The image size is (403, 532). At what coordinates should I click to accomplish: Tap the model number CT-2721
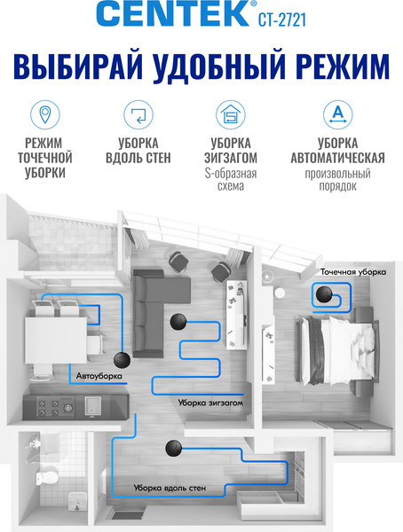[282, 20]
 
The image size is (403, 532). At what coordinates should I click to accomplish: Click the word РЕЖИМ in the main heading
[344, 66]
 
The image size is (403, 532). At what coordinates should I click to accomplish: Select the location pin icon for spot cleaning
[45, 114]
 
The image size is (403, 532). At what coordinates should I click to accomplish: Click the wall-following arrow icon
[138, 114]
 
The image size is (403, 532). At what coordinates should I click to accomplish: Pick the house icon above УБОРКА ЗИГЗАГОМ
[231, 114]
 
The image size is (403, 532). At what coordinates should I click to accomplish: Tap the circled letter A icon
[338, 114]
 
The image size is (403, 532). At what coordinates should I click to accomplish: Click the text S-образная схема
[231, 180]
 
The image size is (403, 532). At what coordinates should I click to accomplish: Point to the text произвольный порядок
[338, 180]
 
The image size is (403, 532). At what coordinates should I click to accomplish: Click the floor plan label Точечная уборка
[353, 272]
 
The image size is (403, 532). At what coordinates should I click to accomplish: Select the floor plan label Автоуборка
[99, 376]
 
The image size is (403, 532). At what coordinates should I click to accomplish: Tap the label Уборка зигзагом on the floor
[210, 403]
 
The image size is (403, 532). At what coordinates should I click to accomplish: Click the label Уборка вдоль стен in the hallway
[170, 488]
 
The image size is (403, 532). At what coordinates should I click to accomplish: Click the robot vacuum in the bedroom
[324, 294]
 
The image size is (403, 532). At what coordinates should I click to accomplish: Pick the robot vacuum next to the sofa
[178, 321]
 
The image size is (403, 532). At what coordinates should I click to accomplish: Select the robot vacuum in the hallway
[174, 449]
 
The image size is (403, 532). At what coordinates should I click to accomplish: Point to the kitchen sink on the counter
[93, 406]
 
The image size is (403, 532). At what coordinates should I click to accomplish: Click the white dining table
[56, 340]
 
